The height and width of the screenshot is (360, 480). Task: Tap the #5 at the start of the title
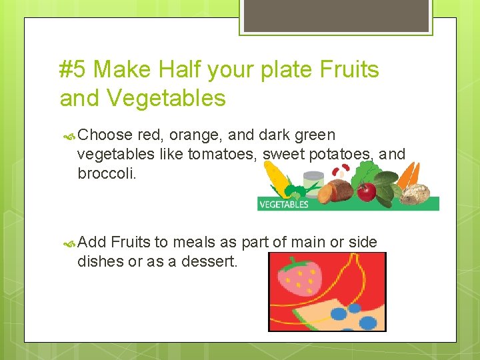coord(74,69)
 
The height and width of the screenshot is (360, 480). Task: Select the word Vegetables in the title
coord(165,99)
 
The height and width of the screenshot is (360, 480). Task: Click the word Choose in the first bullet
coord(105,135)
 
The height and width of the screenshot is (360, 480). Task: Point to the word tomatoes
coord(221,155)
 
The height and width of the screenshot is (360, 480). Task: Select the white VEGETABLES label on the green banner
coord(283,205)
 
